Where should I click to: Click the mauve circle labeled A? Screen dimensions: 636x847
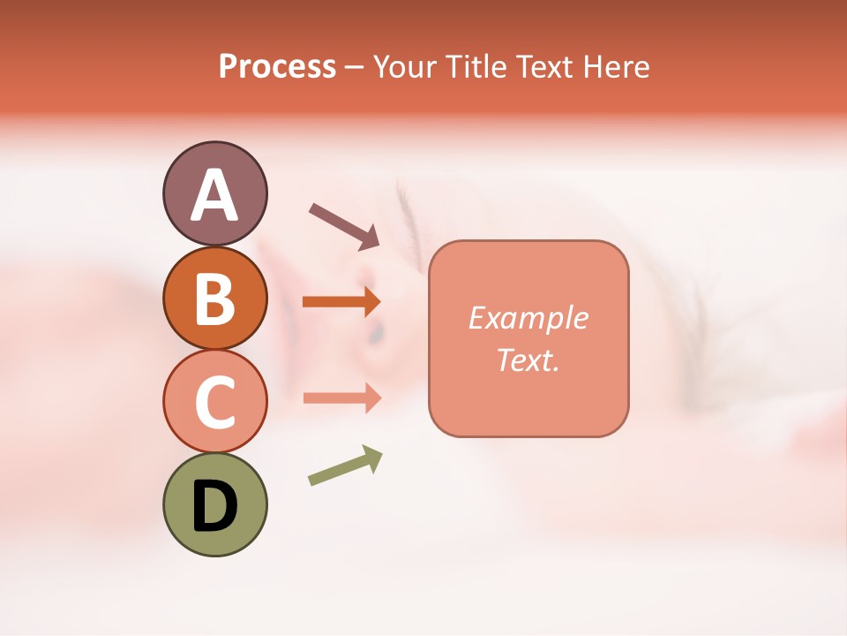point(214,193)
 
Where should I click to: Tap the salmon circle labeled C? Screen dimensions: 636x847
point(214,401)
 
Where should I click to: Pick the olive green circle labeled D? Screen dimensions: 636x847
point(214,504)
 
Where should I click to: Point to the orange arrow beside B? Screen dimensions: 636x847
point(341,302)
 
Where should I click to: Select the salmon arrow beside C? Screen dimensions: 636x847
point(341,397)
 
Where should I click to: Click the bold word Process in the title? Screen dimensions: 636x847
point(277,67)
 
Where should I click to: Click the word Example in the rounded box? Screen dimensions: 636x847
point(528,318)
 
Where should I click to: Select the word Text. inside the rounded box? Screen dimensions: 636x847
point(528,360)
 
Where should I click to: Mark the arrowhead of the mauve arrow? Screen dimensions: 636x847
point(369,238)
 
